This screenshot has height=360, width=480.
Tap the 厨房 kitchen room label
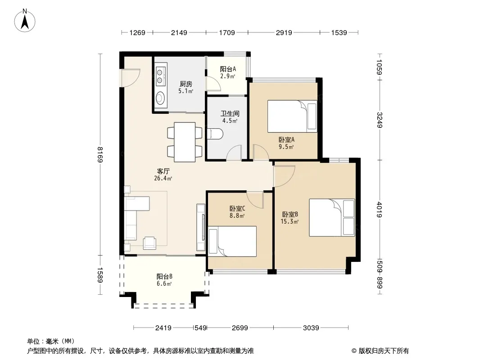pyautogui.click(x=186, y=84)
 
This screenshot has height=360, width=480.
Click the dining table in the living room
pyautogui.click(x=185, y=142)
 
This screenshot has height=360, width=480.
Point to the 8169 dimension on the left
pyautogui.click(x=100, y=154)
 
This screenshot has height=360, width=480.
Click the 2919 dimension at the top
pyautogui.click(x=284, y=32)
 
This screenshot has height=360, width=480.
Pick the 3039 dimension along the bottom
pyautogui.click(x=311, y=328)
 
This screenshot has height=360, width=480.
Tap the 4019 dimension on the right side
pyautogui.click(x=380, y=210)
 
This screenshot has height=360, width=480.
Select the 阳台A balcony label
pyautogui.click(x=228, y=69)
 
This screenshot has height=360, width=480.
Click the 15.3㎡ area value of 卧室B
pyautogui.click(x=290, y=221)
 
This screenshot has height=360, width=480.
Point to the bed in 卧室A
pyautogui.click(x=292, y=116)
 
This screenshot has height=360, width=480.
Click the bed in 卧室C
pyautogui.click(x=232, y=241)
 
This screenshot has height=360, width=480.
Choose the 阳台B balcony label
pyautogui.click(x=164, y=276)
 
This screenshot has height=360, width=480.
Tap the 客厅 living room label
pyautogui.click(x=163, y=171)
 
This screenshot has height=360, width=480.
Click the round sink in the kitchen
pyautogui.click(x=160, y=98)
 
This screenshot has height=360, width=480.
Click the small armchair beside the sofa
pyautogui.click(x=149, y=243)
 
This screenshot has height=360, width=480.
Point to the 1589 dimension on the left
pyautogui.click(x=100, y=275)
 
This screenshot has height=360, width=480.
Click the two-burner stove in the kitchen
pyautogui.click(x=160, y=76)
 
